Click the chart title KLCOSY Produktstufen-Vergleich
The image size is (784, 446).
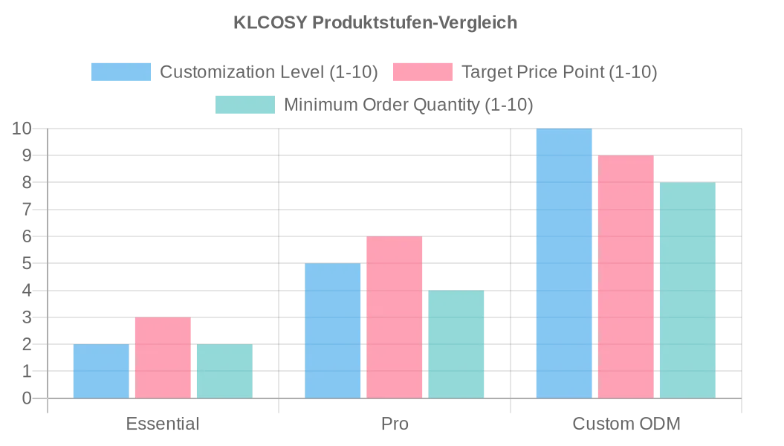coord(375,22)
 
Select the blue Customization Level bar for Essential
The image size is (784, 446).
coord(101,371)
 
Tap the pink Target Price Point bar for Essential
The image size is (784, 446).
coord(163,358)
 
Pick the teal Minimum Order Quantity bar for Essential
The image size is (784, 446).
coord(224,371)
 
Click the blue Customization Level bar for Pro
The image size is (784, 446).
coord(332,331)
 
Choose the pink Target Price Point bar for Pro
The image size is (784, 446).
coord(394,317)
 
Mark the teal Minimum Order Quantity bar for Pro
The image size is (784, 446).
coord(456,344)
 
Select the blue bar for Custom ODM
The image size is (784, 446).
coord(564,263)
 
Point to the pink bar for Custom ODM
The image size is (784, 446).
coord(626,277)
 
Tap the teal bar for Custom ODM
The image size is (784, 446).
coord(687,290)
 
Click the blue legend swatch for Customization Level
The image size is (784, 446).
coord(121,72)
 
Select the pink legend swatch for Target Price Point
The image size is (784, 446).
coord(422,72)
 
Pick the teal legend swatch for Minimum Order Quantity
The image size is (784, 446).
coord(245,105)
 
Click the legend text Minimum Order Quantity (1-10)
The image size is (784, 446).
coord(409,105)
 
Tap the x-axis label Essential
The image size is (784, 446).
coord(163,424)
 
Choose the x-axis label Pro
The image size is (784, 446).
coord(395,424)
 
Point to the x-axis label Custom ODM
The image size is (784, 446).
coord(626,424)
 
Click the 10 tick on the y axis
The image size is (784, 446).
coord(22,129)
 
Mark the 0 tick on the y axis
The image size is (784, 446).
coord(27,398)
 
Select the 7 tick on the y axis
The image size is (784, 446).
coord(27,210)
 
